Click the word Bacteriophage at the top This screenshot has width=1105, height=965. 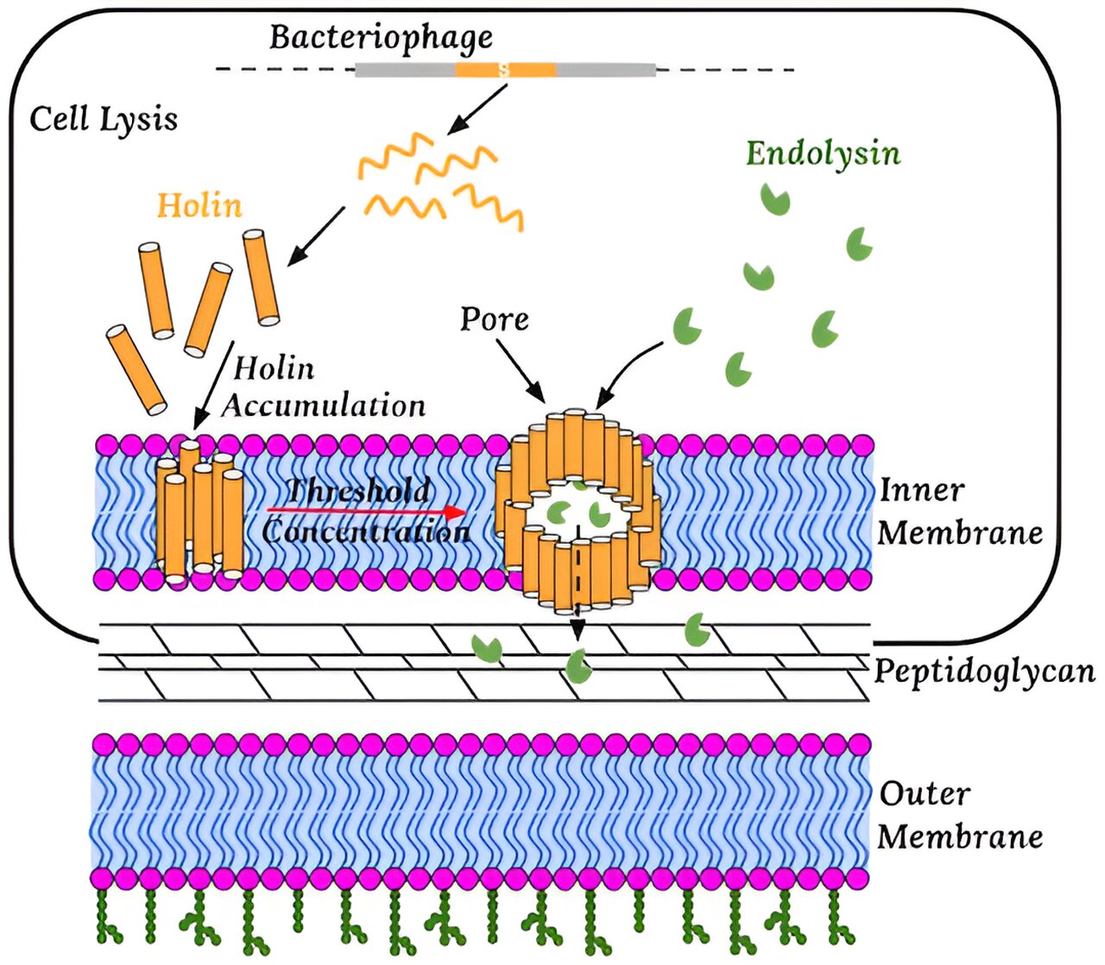click(x=381, y=37)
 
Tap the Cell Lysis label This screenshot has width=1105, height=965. click(x=104, y=118)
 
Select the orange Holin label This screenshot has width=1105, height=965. click(x=199, y=205)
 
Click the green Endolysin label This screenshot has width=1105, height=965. click(x=823, y=154)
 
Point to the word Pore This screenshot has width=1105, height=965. click(x=494, y=319)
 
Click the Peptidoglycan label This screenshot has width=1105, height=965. click(x=984, y=671)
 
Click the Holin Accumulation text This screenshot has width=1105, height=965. click(x=324, y=387)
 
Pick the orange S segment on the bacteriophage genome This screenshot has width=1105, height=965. click(x=505, y=70)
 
